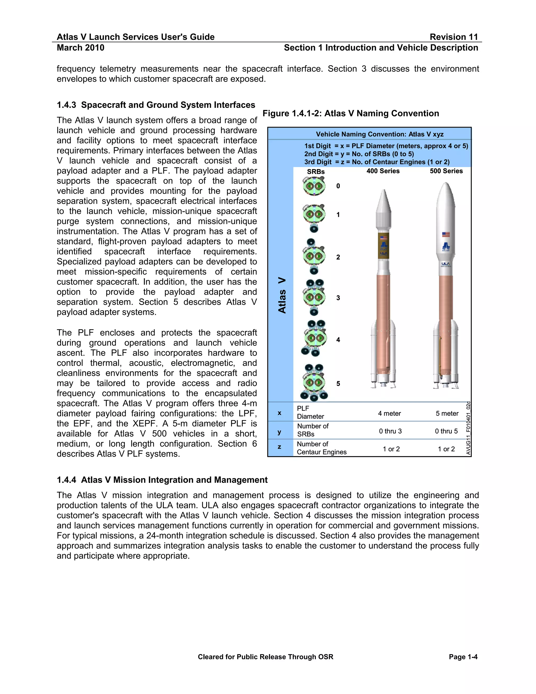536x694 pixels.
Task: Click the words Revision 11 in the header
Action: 454,37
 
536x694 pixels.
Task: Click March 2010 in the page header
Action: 80,48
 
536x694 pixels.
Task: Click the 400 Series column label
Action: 383,171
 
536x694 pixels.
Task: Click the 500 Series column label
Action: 446,171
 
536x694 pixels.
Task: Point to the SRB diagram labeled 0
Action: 314,186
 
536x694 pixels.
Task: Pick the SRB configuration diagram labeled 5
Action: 314,383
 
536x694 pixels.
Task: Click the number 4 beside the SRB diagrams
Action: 338,340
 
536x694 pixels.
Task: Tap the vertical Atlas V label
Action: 282,295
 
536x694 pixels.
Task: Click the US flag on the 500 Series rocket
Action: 446,234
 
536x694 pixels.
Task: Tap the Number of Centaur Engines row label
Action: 321,448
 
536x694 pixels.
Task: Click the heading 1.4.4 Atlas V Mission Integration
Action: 162,480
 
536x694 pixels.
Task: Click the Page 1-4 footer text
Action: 463,657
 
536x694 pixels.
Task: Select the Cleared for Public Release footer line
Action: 265,657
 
